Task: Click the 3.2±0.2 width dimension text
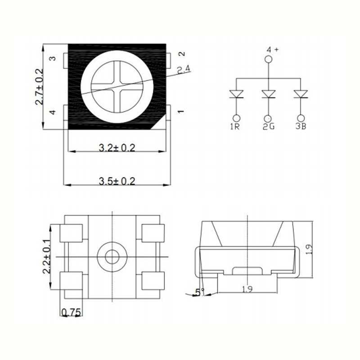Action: (x=117, y=147)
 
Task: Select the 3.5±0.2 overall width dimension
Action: (x=117, y=181)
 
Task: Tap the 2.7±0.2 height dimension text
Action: (x=40, y=87)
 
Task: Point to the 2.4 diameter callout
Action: (x=184, y=70)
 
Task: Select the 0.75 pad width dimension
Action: (x=71, y=311)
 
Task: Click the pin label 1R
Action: (x=235, y=127)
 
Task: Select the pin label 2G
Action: (x=268, y=127)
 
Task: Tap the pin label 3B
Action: (x=301, y=127)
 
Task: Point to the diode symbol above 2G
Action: (x=268, y=94)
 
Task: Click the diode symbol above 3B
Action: (x=301, y=94)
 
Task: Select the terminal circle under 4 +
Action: (x=268, y=59)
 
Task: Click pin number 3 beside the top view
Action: (x=52, y=59)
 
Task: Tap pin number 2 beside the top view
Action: (x=182, y=53)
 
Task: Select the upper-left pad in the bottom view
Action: (x=71, y=232)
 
